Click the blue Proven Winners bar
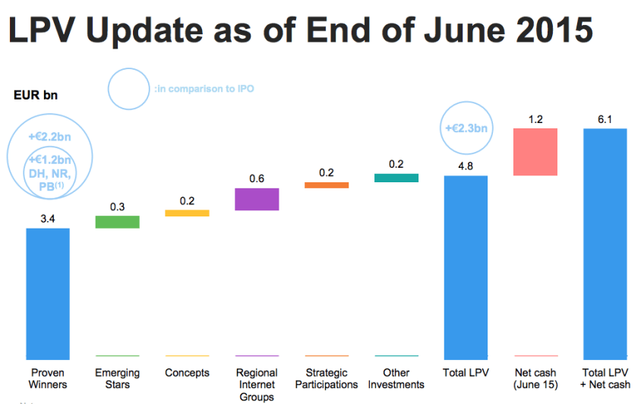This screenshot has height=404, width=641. click(x=48, y=292)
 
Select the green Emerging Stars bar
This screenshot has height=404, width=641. click(x=117, y=222)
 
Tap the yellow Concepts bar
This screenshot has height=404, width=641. click(x=187, y=213)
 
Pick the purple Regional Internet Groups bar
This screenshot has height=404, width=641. click(x=257, y=199)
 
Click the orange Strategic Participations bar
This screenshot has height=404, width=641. click(x=327, y=185)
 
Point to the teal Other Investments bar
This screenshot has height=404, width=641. click(x=396, y=178)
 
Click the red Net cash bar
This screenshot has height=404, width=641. click(x=535, y=152)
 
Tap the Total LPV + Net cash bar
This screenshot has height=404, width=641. click(x=605, y=243)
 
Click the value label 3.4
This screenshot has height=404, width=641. click(x=48, y=219)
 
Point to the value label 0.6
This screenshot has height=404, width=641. click(x=257, y=178)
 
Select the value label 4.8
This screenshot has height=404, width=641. click(x=466, y=166)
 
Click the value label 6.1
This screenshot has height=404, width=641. click(x=605, y=119)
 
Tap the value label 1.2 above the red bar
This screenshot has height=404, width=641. click(x=535, y=119)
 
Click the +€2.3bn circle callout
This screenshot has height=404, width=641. click(x=466, y=129)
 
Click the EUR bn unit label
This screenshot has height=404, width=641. click(x=35, y=96)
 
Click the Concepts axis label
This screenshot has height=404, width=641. click(x=187, y=373)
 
